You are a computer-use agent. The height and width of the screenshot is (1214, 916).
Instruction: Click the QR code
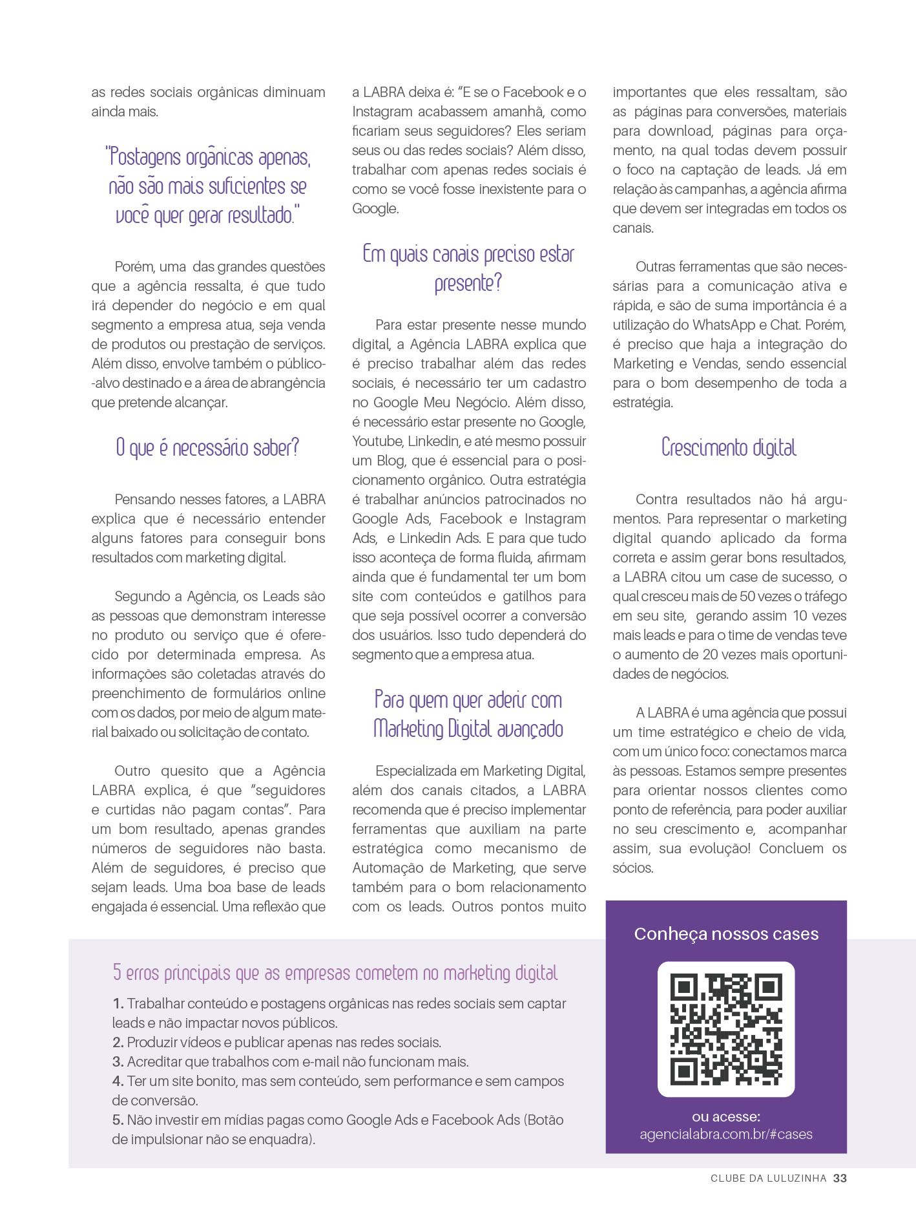(726, 1029)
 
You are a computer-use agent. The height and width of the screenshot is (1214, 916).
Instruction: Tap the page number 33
(840, 1178)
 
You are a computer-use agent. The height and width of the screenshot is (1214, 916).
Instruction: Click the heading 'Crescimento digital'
(729, 447)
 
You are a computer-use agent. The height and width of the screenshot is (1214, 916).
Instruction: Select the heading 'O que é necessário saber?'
(207, 447)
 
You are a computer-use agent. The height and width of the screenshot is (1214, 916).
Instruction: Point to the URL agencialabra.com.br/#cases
(726, 1134)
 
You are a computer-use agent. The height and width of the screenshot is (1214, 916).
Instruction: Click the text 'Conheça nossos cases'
(726, 933)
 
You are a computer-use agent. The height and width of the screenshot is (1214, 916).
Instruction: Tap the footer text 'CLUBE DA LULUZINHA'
(768, 1178)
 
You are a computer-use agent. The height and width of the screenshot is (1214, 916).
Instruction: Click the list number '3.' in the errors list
(118, 1061)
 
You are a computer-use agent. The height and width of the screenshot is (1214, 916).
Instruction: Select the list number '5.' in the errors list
(118, 1120)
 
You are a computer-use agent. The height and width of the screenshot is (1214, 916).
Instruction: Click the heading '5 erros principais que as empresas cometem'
(335, 972)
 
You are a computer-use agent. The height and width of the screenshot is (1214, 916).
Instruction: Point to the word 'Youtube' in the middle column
(377, 442)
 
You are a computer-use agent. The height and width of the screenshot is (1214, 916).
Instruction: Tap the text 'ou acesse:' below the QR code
(726, 1116)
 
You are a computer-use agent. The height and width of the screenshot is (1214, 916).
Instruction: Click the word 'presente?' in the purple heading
(468, 283)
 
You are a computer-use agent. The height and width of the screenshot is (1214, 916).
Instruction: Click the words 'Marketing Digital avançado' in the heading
(468, 729)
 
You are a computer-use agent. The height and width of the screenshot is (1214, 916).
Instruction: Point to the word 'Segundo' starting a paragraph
(138, 596)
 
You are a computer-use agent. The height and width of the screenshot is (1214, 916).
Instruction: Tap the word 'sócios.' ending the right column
(633, 868)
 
